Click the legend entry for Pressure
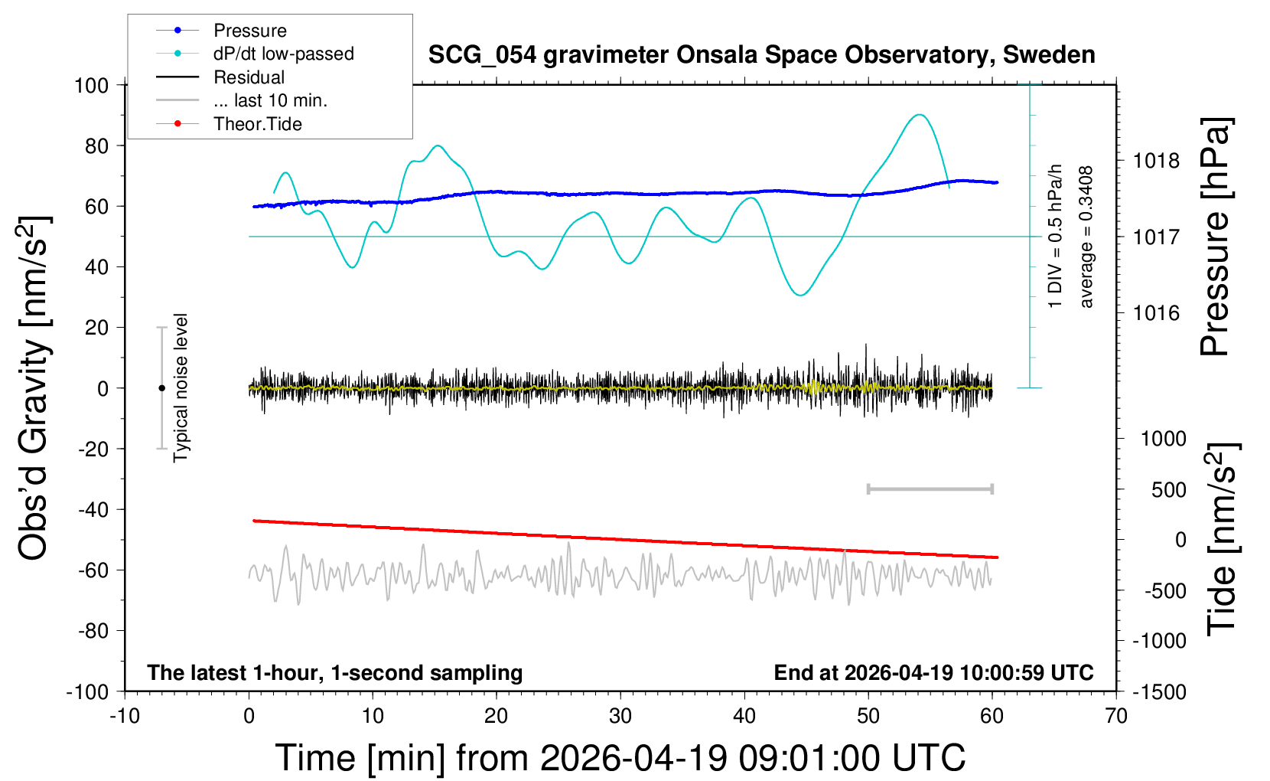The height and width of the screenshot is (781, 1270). click(221, 30)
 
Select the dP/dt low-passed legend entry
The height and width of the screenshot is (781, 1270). click(255, 54)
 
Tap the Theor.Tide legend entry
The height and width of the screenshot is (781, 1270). click(229, 124)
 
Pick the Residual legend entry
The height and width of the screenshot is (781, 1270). click(220, 77)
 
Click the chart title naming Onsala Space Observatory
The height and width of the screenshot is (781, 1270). click(761, 55)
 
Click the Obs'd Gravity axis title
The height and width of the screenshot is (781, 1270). click(33, 388)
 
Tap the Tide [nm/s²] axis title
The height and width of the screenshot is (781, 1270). click(1223, 539)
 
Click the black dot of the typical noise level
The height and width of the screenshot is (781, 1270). click(161, 388)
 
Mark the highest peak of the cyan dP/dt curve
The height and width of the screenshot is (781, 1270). click(919, 115)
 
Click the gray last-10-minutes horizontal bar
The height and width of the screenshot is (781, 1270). click(930, 489)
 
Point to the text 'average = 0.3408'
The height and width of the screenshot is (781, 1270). click(1086, 237)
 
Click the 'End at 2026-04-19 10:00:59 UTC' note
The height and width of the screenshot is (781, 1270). click(934, 672)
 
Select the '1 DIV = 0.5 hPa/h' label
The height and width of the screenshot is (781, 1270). click(1054, 237)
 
